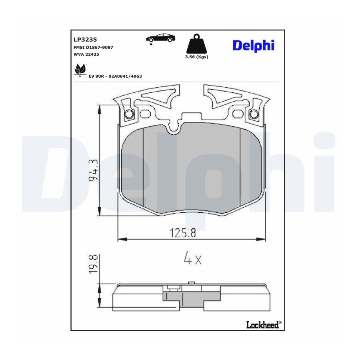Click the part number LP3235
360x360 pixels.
pyautogui.click(x=85, y=40)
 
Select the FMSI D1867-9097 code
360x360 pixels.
pyautogui.click(x=93, y=47)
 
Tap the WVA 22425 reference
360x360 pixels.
pyautogui.click(x=86, y=54)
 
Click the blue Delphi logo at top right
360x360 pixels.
pyautogui.click(x=254, y=46)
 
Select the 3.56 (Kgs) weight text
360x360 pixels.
pyautogui.click(x=196, y=57)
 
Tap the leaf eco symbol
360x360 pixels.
pyautogui.click(x=80, y=70)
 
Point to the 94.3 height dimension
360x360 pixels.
pyautogui.click(x=93, y=170)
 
